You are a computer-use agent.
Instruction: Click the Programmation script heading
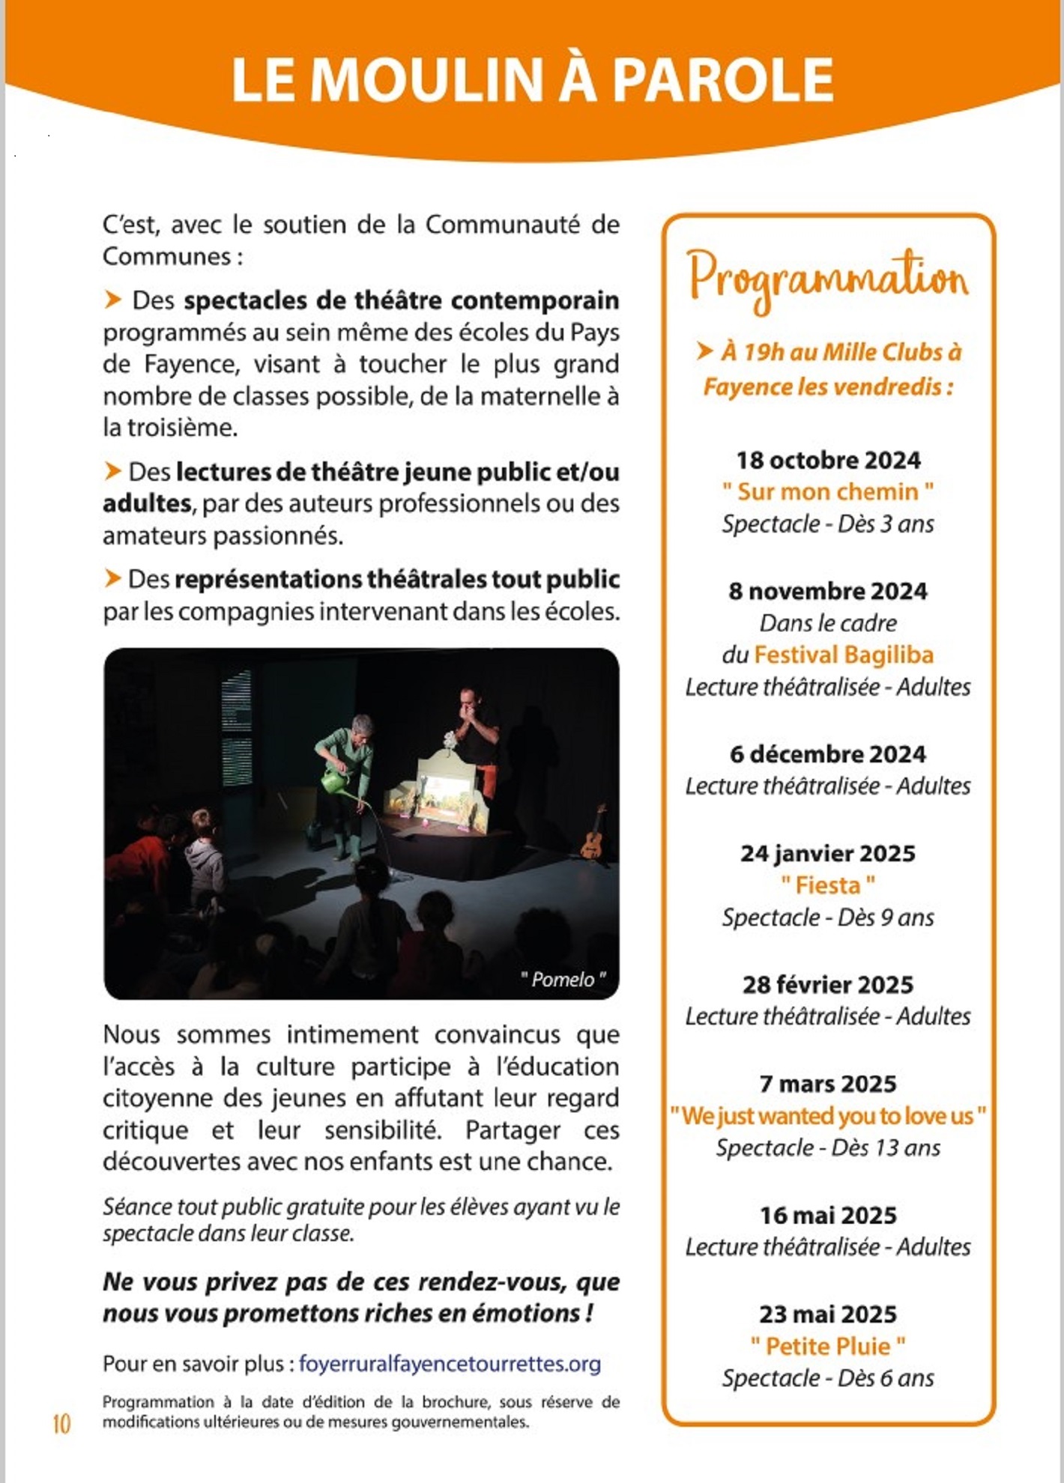click(x=828, y=279)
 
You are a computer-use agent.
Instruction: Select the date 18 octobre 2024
click(x=828, y=460)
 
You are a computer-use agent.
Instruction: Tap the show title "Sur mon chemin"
click(x=828, y=492)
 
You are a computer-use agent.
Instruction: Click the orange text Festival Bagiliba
click(x=844, y=655)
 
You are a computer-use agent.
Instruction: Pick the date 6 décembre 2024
click(x=828, y=754)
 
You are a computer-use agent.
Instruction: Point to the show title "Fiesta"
click(x=828, y=886)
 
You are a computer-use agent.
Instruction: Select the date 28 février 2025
click(x=828, y=985)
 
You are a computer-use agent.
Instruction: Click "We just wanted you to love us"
click(x=828, y=1117)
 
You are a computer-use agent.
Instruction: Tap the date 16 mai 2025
click(x=828, y=1216)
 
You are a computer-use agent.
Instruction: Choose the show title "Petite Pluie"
click(x=828, y=1347)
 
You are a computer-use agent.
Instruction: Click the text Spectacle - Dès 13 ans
click(x=828, y=1148)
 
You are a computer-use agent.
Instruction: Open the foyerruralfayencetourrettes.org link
click(x=450, y=1364)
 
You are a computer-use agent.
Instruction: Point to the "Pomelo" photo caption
click(x=563, y=980)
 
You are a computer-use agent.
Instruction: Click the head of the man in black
click(x=469, y=701)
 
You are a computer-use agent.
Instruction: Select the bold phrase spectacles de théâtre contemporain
click(x=402, y=300)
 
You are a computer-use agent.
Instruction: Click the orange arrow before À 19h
click(x=704, y=351)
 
